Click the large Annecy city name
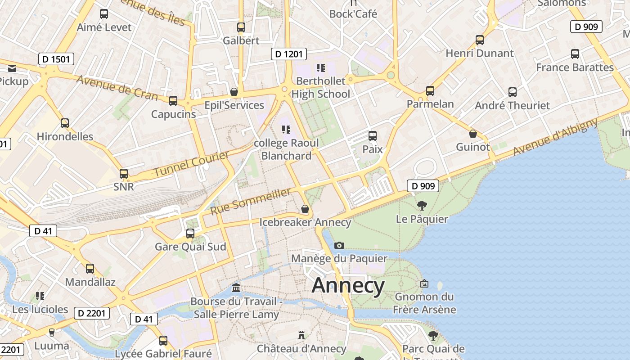click(348, 285)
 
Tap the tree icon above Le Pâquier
click(422, 206)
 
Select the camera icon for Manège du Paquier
click(339, 245)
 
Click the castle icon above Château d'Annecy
click(301, 335)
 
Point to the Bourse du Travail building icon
click(236, 288)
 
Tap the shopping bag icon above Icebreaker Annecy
click(305, 209)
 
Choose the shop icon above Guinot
click(473, 134)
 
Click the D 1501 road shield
click(56, 59)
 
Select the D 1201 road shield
click(289, 54)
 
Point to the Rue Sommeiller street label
click(251, 201)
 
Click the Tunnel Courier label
click(191, 164)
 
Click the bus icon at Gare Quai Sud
click(190, 234)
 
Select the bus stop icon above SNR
click(124, 174)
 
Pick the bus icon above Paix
click(373, 136)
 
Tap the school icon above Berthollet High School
click(321, 68)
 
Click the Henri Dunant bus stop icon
click(480, 40)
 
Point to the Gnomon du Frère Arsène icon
click(424, 284)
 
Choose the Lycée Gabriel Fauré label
click(163, 354)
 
